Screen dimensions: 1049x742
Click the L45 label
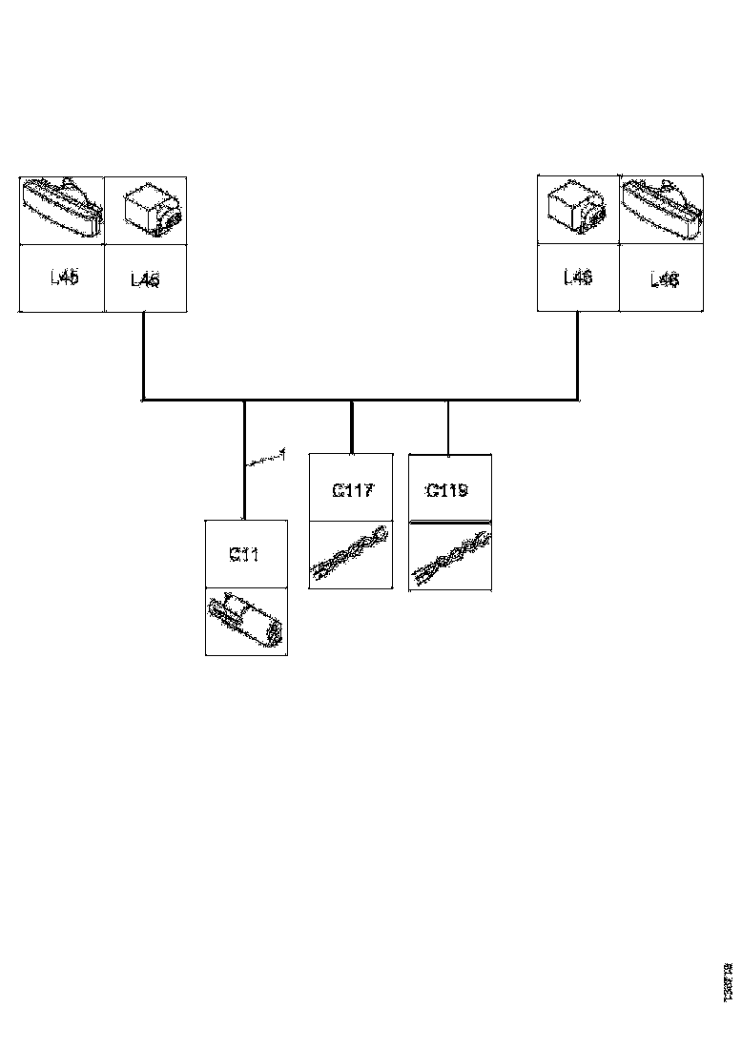[x=65, y=278]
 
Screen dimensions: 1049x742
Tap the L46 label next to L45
[x=145, y=279]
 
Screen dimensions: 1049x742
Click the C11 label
[x=244, y=554]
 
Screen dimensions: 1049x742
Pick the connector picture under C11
[x=246, y=623]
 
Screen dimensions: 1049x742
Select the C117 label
[x=352, y=491]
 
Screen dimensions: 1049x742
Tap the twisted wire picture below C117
[x=350, y=555]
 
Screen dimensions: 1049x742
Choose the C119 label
[x=446, y=491]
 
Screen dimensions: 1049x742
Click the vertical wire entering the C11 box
[x=244, y=486]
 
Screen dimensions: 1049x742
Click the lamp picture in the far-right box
[x=661, y=210]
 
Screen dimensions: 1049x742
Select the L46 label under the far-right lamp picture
[x=664, y=279]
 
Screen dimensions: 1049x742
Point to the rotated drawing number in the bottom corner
[x=728, y=980]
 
